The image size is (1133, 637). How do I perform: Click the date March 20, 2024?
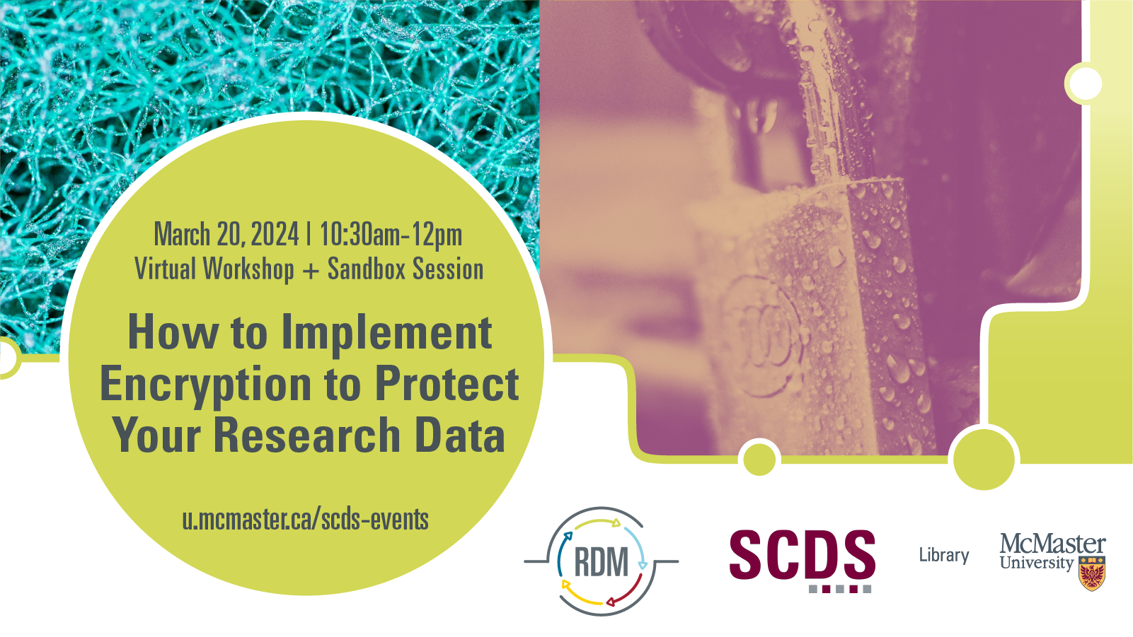click(x=226, y=235)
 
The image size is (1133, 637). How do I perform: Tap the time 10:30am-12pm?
click(x=391, y=235)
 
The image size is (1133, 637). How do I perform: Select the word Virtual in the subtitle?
click(x=165, y=268)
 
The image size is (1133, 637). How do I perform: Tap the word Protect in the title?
click(x=447, y=384)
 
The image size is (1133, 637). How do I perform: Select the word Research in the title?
click(x=307, y=435)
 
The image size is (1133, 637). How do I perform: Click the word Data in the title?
click(x=460, y=435)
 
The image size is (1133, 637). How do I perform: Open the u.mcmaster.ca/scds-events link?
click(x=306, y=520)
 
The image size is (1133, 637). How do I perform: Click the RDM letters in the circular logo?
click(x=601, y=562)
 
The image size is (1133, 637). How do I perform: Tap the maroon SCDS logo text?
click(x=803, y=554)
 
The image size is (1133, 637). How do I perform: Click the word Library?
click(x=944, y=555)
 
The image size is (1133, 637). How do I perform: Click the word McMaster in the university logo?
click(x=1052, y=544)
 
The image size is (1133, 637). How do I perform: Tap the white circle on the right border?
click(x=1086, y=83)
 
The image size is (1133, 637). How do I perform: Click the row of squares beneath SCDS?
click(x=839, y=589)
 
